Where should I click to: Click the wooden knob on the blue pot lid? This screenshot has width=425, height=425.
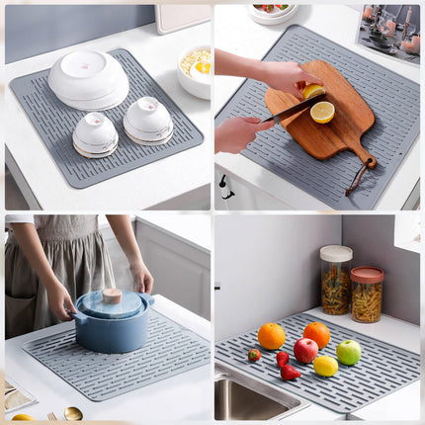click(x=112, y=296)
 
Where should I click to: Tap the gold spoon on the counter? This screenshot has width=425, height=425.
click(x=73, y=413)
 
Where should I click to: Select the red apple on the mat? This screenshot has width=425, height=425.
click(x=305, y=350)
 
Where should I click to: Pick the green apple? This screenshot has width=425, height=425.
click(x=348, y=352)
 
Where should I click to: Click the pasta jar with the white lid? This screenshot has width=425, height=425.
click(x=335, y=281)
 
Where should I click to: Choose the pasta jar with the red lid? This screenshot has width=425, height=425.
click(x=367, y=295)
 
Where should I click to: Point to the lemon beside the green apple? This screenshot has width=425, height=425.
click(x=325, y=366)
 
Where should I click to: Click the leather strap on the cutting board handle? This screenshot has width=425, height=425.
click(x=355, y=179)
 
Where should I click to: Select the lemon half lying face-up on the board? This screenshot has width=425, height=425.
click(x=322, y=112)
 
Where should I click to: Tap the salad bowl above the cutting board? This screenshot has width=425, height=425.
click(x=272, y=11)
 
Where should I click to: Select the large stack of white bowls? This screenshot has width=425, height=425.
click(x=88, y=78)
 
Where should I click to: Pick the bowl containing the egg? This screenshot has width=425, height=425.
click(x=195, y=68)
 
